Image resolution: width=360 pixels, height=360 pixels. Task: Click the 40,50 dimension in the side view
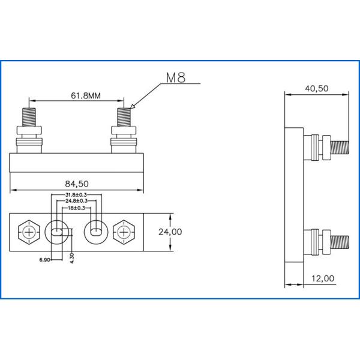click(x=316, y=88)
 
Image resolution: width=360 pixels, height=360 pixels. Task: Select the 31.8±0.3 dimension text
click(x=76, y=195)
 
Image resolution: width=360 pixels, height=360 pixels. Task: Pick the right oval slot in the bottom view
click(x=95, y=230)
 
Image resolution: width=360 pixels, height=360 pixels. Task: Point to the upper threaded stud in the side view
click(x=340, y=146)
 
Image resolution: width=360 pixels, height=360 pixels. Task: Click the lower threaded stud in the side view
click(x=340, y=242)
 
